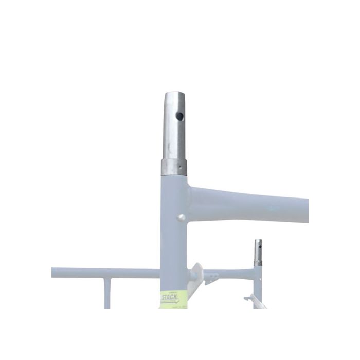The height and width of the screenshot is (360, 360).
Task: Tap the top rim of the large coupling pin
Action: tap(174, 94)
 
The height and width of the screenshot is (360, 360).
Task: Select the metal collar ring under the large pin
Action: tap(174, 168)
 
